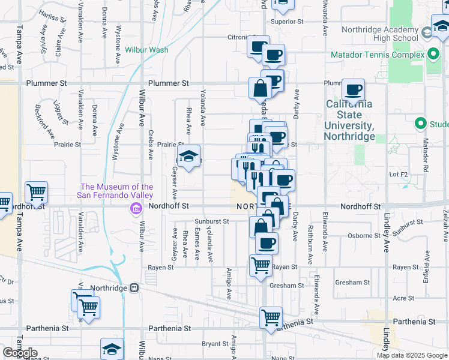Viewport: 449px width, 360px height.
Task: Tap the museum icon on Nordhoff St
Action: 136,208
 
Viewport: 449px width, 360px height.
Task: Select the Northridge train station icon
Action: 134,287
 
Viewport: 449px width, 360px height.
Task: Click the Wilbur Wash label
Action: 147,50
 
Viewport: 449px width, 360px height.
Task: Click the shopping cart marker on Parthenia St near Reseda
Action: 271,317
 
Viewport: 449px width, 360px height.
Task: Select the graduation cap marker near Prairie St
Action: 188,157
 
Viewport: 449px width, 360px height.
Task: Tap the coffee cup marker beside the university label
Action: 353,90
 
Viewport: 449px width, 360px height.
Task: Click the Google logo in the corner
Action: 19,353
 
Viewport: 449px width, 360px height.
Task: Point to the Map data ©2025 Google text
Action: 412,355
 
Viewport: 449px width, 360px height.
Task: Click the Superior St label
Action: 287,22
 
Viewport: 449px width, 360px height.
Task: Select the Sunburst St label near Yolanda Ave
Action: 216,221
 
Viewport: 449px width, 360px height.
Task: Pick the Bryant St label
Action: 214,344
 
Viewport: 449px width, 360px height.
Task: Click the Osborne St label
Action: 361,235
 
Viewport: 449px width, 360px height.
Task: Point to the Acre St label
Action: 403,298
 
